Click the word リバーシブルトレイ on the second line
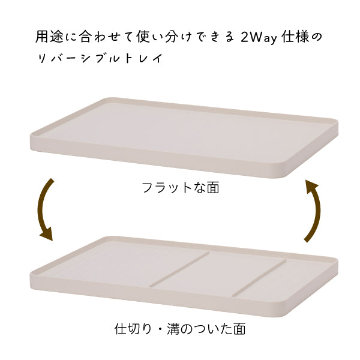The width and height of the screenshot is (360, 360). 100,59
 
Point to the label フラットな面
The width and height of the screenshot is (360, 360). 180,188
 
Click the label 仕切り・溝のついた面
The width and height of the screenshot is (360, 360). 180,329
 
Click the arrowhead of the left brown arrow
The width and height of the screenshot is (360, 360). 46,233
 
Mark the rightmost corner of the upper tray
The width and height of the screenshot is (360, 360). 337,122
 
